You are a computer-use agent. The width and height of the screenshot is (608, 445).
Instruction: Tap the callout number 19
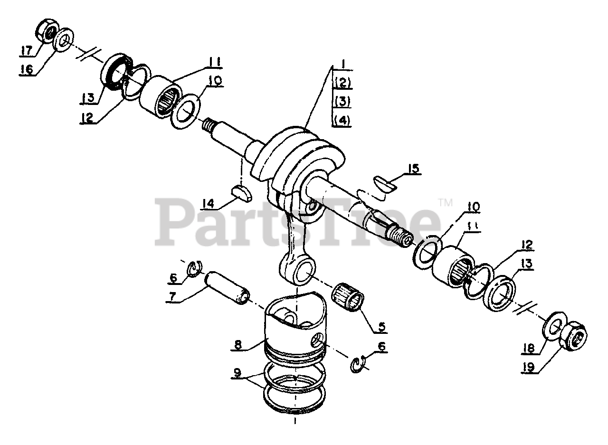coord(528,368)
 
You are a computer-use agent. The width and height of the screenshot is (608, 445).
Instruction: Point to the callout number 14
coord(208,204)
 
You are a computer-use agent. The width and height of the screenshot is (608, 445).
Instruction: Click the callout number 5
coord(381,327)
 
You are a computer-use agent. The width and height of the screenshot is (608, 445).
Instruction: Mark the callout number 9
coord(237,373)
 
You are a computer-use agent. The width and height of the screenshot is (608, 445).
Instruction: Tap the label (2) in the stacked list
coord(343,83)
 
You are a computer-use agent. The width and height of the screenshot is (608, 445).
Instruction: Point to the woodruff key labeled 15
coord(385,185)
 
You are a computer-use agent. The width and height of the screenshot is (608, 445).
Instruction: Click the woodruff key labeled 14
coord(242,193)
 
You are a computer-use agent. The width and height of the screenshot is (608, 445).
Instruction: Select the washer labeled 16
coord(64,40)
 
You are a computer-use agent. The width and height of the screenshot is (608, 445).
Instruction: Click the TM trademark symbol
coord(445,203)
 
